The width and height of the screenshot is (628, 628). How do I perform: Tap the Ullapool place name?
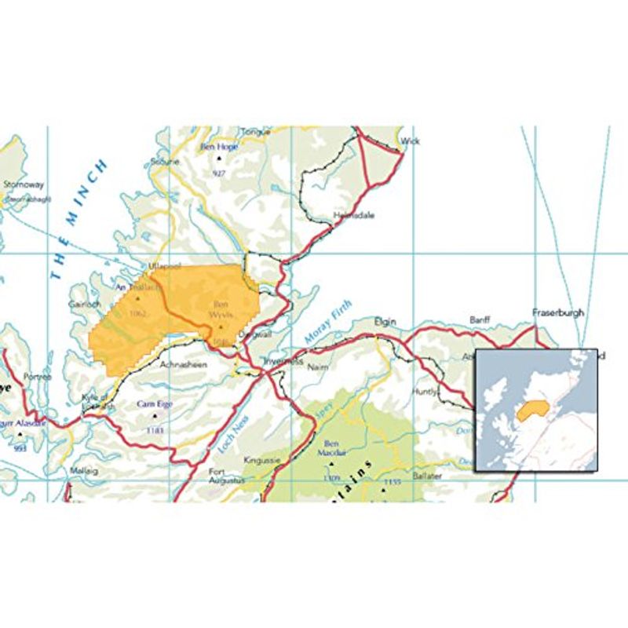(165, 267)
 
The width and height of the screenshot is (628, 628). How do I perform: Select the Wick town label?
(411, 141)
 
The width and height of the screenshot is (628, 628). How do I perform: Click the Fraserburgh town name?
(558, 312)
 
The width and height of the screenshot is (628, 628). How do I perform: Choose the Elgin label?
(384, 321)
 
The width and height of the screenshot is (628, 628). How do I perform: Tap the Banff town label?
(480, 320)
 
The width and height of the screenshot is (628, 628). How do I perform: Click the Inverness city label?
(283, 361)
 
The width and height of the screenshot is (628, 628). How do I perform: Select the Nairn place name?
(317, 367)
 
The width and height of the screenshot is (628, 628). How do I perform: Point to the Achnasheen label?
(182, 365)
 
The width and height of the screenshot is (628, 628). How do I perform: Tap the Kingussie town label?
(261, 459)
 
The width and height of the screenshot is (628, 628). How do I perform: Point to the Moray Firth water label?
(328, 324)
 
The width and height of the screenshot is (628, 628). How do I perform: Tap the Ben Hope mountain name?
(219, 147)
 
